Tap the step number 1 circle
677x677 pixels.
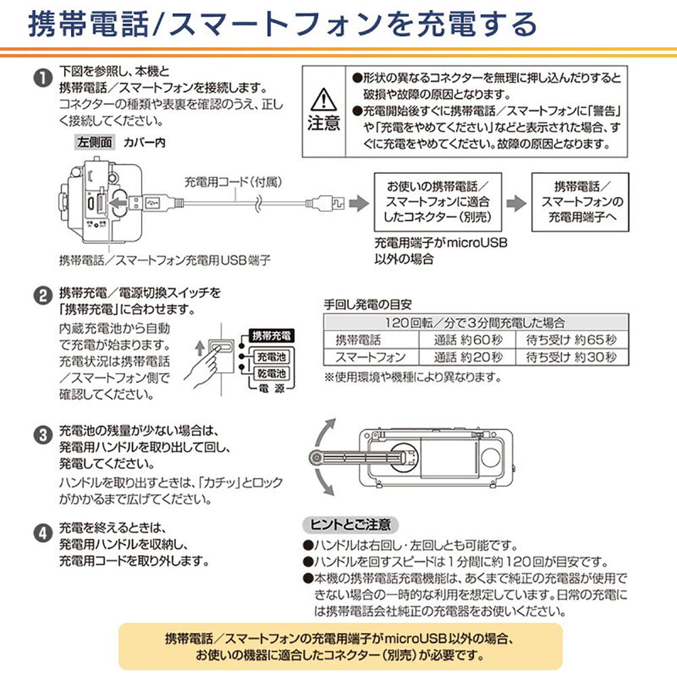43,78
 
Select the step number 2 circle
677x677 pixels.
43,296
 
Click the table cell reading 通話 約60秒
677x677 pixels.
468,340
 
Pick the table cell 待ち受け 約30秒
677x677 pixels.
571,357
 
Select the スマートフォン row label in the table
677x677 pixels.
371,357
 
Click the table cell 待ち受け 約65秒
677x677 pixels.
571,340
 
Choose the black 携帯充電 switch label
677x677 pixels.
270,336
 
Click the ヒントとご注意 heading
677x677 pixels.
350,524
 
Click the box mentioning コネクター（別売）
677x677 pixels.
437,202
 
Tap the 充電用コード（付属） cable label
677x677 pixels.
233,181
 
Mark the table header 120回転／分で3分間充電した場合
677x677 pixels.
475,323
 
